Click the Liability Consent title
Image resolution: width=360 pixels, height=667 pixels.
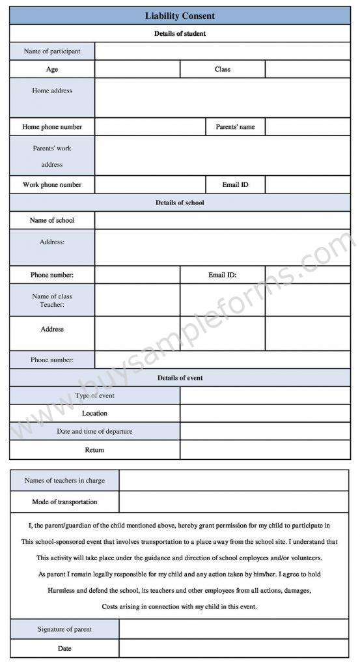180,16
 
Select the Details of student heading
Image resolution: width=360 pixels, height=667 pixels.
180,33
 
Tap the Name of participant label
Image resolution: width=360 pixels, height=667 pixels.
52,51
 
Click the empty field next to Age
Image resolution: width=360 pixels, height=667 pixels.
137,69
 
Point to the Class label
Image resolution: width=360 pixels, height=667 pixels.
222,69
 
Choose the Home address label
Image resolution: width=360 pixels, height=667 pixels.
52,91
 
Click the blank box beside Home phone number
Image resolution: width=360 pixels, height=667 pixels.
150,126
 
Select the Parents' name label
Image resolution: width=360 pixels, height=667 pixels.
235,126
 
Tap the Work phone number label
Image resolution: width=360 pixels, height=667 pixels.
52,184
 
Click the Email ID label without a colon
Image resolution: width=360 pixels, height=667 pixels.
235,184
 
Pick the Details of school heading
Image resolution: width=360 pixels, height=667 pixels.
180,203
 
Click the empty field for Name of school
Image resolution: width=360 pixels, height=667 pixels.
222,220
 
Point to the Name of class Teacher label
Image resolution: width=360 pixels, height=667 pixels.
52,300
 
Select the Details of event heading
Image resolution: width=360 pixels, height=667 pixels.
180,378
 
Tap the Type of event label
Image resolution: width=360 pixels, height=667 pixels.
95,395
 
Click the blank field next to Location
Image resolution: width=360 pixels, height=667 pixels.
264,413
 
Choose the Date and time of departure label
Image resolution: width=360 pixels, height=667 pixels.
95,431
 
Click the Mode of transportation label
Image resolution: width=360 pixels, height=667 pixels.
64,502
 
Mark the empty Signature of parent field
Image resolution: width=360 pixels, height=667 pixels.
234,629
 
